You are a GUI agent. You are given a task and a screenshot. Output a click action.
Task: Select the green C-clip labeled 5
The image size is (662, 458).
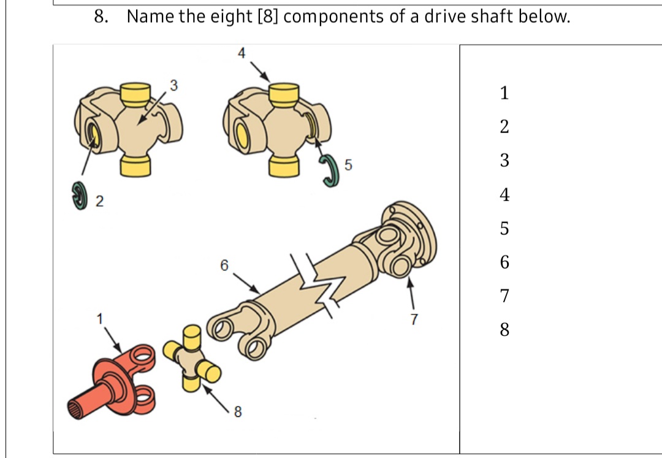click(x=329, y=168)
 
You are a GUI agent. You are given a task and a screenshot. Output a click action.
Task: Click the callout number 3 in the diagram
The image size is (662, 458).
click(x=173, y=85)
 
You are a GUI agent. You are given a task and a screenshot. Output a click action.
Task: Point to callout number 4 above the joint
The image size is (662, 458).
click(x=241, y=54)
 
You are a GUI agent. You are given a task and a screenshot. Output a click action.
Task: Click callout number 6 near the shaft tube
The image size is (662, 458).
click(x=224, y=265)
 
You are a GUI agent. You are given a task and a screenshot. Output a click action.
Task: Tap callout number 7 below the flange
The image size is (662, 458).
click(x=414, y=319)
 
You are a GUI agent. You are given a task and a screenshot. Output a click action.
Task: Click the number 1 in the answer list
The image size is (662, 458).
click(x=504, y=94)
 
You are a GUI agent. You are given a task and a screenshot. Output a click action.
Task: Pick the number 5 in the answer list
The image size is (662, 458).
click(x=504, y=229)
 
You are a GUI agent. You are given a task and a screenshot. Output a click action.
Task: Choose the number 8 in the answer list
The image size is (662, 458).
click(x=504, y=330)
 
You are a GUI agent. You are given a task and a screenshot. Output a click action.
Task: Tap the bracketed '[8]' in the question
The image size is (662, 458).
click(x=266, y=17)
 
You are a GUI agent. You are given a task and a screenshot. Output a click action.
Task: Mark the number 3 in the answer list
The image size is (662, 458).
click(x=504, y=161)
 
